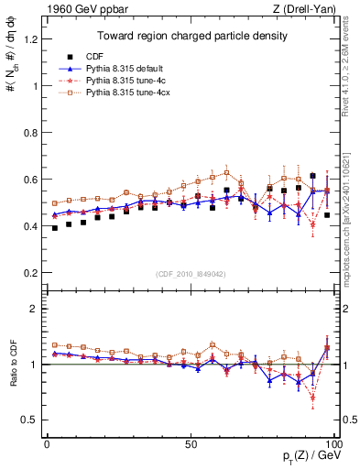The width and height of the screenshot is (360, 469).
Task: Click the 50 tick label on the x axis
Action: point(191,443)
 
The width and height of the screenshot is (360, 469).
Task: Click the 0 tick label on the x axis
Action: point(47,443)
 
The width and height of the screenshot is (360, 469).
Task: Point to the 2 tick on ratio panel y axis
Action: point(36,309)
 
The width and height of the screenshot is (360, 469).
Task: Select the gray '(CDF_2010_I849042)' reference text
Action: point(191,272)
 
